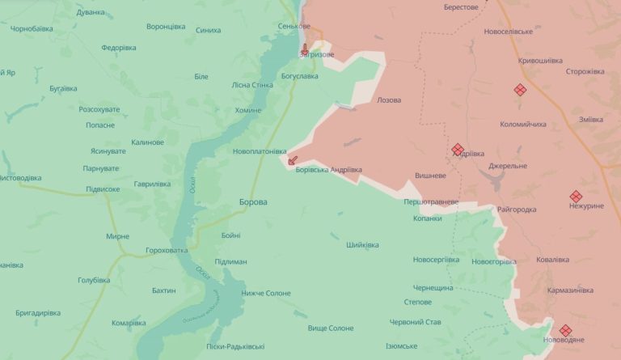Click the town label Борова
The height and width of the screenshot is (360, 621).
coord(253,202)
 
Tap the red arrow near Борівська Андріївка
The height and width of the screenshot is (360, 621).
coord(293,160)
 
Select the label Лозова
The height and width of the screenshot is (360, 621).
coord(389,100)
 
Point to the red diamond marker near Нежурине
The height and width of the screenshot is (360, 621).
coord(576,196)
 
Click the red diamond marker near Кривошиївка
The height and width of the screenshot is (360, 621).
coord(520,91)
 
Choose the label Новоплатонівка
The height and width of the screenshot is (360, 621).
coord(259,151)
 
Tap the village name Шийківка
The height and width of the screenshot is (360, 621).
coord(362,245)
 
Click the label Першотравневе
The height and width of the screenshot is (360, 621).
coord(432,201)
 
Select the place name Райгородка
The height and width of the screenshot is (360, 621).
coord(517,210)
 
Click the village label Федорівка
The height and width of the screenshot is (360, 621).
coord(119,48)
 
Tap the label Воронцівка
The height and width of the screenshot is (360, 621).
coord(166,27)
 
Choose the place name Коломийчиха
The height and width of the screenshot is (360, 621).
coord(523,125)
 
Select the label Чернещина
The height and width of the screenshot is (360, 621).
coord(435,287)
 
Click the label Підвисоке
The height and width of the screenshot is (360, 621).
coord(103,189)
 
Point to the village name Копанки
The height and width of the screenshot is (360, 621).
coord(428,218)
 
